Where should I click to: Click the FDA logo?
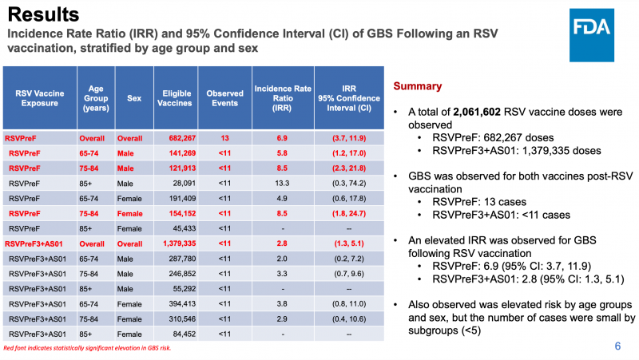coord(590,27)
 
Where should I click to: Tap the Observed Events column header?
coord(225,98)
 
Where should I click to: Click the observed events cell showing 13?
coord(225,137)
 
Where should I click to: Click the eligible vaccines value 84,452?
coord(178,334)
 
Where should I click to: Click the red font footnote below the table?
coord(88,349)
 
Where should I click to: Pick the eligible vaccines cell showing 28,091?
coord(178,183)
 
